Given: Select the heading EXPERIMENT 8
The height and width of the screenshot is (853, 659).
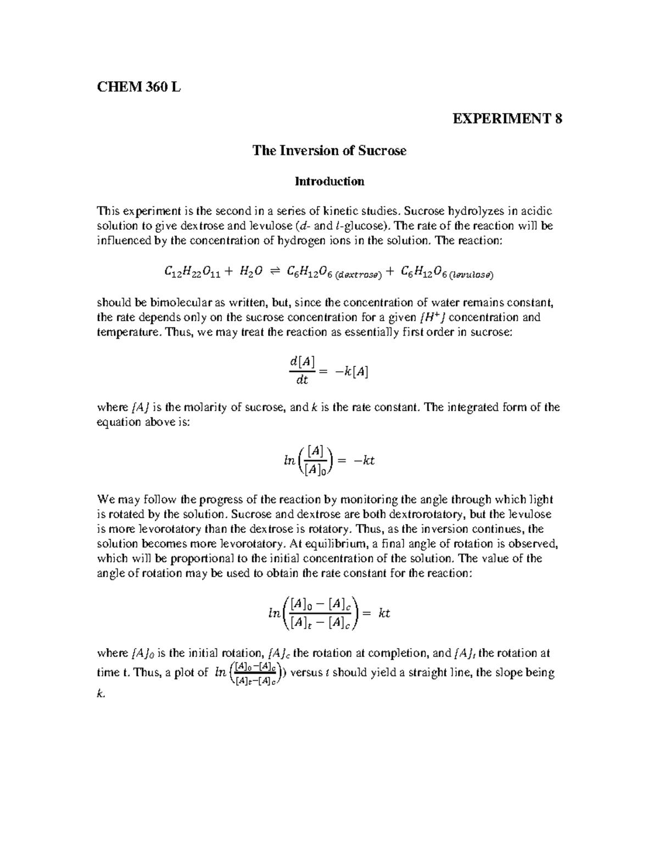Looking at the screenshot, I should pyautogui.click(x=507, y=119).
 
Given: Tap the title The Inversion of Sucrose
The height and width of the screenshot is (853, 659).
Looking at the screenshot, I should pyautogui.click(x=329, y=150).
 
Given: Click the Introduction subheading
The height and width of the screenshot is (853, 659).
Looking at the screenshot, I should pyautogui.click(x=329, y=181).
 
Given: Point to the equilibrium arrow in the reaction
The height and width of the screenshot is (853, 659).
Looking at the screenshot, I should pyautogui.click(x=275, y=271).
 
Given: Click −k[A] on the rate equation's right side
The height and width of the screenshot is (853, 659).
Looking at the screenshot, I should pyautogui.click(x=351, y=372).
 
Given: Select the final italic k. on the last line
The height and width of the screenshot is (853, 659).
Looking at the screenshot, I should pyautogui.click(x=100, y=694).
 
